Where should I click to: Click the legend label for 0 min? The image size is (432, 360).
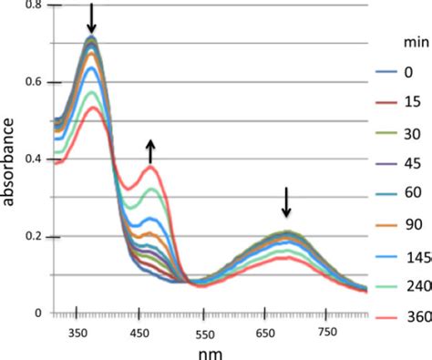(407, 70)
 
